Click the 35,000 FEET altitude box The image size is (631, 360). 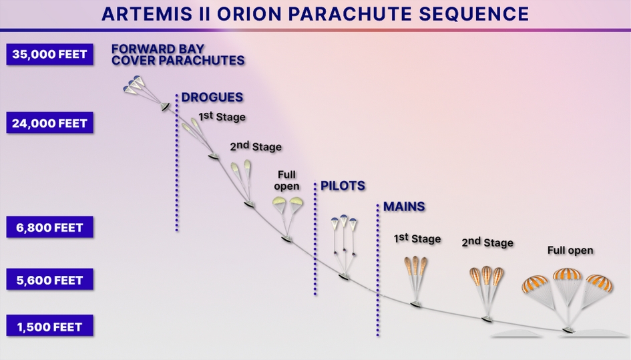point(49,54)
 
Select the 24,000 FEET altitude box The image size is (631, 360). point(49,123)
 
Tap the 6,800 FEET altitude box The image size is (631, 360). point(49,227)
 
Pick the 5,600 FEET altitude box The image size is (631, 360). point(49,279)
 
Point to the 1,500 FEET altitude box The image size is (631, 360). point(49,326)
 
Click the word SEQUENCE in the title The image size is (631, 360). point(473,14)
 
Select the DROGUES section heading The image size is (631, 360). point(212,97)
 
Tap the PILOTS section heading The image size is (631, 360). point(343,186)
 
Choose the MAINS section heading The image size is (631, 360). point(404,206)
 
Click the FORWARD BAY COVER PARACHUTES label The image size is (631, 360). point(178,54)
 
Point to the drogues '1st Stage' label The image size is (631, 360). point(222,116)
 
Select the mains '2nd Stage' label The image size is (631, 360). point(487,242)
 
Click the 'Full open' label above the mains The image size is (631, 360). point(570,250)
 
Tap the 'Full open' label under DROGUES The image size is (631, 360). point(286,180)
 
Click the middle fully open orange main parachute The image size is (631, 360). point(568,275)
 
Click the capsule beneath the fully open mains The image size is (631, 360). point(568,330)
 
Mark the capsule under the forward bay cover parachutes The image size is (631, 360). point(165,107)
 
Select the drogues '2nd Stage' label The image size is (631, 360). point(256,146)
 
